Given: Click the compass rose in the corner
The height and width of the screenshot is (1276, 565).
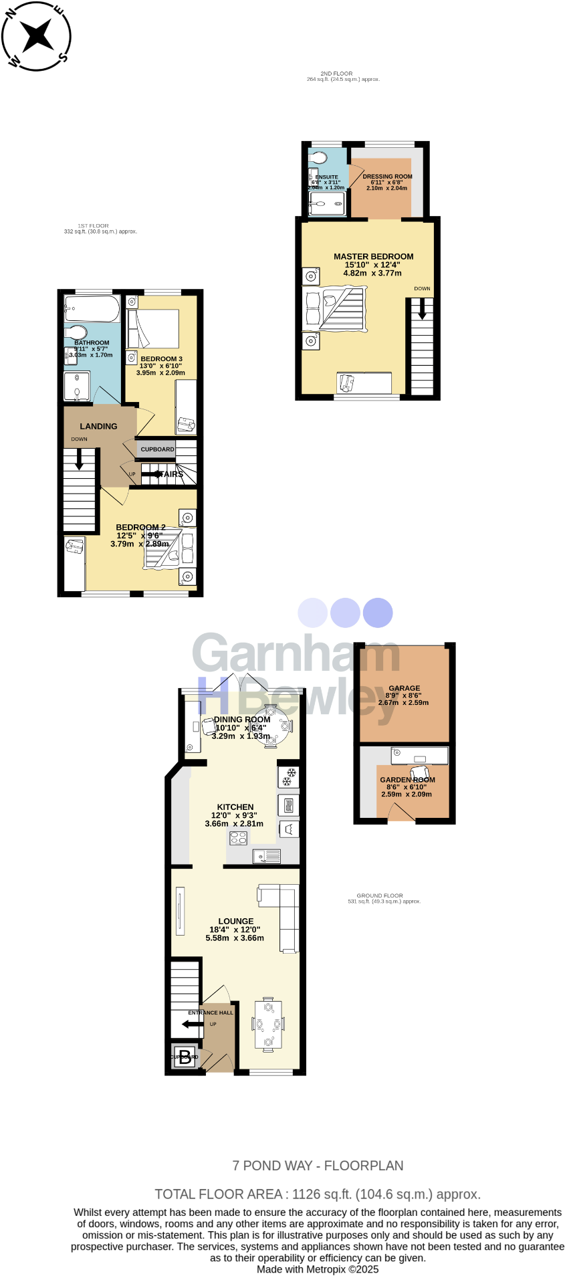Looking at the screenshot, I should click(x=36, y=35).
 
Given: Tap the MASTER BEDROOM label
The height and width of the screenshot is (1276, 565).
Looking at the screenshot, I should click(x=373, y=256).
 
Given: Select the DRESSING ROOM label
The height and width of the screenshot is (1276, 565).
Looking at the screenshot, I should click(x=387, y=177).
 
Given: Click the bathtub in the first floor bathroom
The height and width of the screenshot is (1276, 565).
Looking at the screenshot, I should click(x=92, y=310).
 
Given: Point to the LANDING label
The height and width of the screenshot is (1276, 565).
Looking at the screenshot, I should click(x=98, y=426).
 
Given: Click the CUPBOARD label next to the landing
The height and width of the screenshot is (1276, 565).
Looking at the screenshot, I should click(x=157, y=449).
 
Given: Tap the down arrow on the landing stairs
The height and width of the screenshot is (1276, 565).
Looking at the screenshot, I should click(x=79, y=459).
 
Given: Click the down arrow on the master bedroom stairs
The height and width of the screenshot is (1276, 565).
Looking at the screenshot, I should click(x=422, y=310).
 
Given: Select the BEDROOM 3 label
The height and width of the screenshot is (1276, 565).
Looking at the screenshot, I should click(x=161, y=359).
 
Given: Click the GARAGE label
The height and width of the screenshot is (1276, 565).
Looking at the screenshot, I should click(x=405, y=687).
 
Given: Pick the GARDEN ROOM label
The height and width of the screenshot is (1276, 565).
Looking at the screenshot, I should click(x=407, y=780).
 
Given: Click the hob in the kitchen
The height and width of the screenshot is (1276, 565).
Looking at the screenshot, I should click(x=238, y=838).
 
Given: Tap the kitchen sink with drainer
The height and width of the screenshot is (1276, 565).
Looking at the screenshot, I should click(x=266, y=855).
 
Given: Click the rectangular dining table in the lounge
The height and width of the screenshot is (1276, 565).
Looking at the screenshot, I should click(x=268, y=1025).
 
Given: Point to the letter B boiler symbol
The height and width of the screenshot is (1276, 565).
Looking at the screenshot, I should click(x=185, y=1057).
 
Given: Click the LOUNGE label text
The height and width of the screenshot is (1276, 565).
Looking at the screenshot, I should click(x=235, y=921).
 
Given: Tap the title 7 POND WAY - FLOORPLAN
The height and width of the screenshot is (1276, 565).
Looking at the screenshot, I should click(x=318, y=1166).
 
